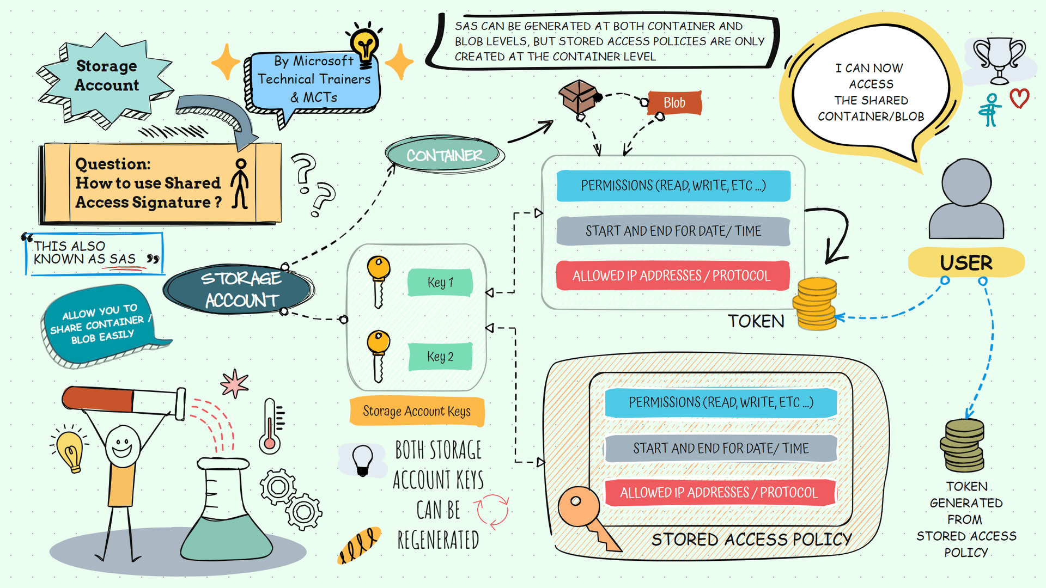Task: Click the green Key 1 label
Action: click(x=440, y=283)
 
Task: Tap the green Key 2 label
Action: click(x=440, y=357)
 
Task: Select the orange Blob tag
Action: click(x=674, y=103)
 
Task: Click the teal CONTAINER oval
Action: click(x=444, y=155)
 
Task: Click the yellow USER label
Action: click(x=966, y=262)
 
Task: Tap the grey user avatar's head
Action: click(x=966, y=182)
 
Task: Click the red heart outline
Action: click(x=1019, y=99)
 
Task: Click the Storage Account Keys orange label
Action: click(x=417, y=411)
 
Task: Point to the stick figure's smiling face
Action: click(x=121, y=445)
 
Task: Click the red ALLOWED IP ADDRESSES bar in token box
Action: click(x=672, y=275)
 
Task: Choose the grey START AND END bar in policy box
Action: click(x=720, y=448)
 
